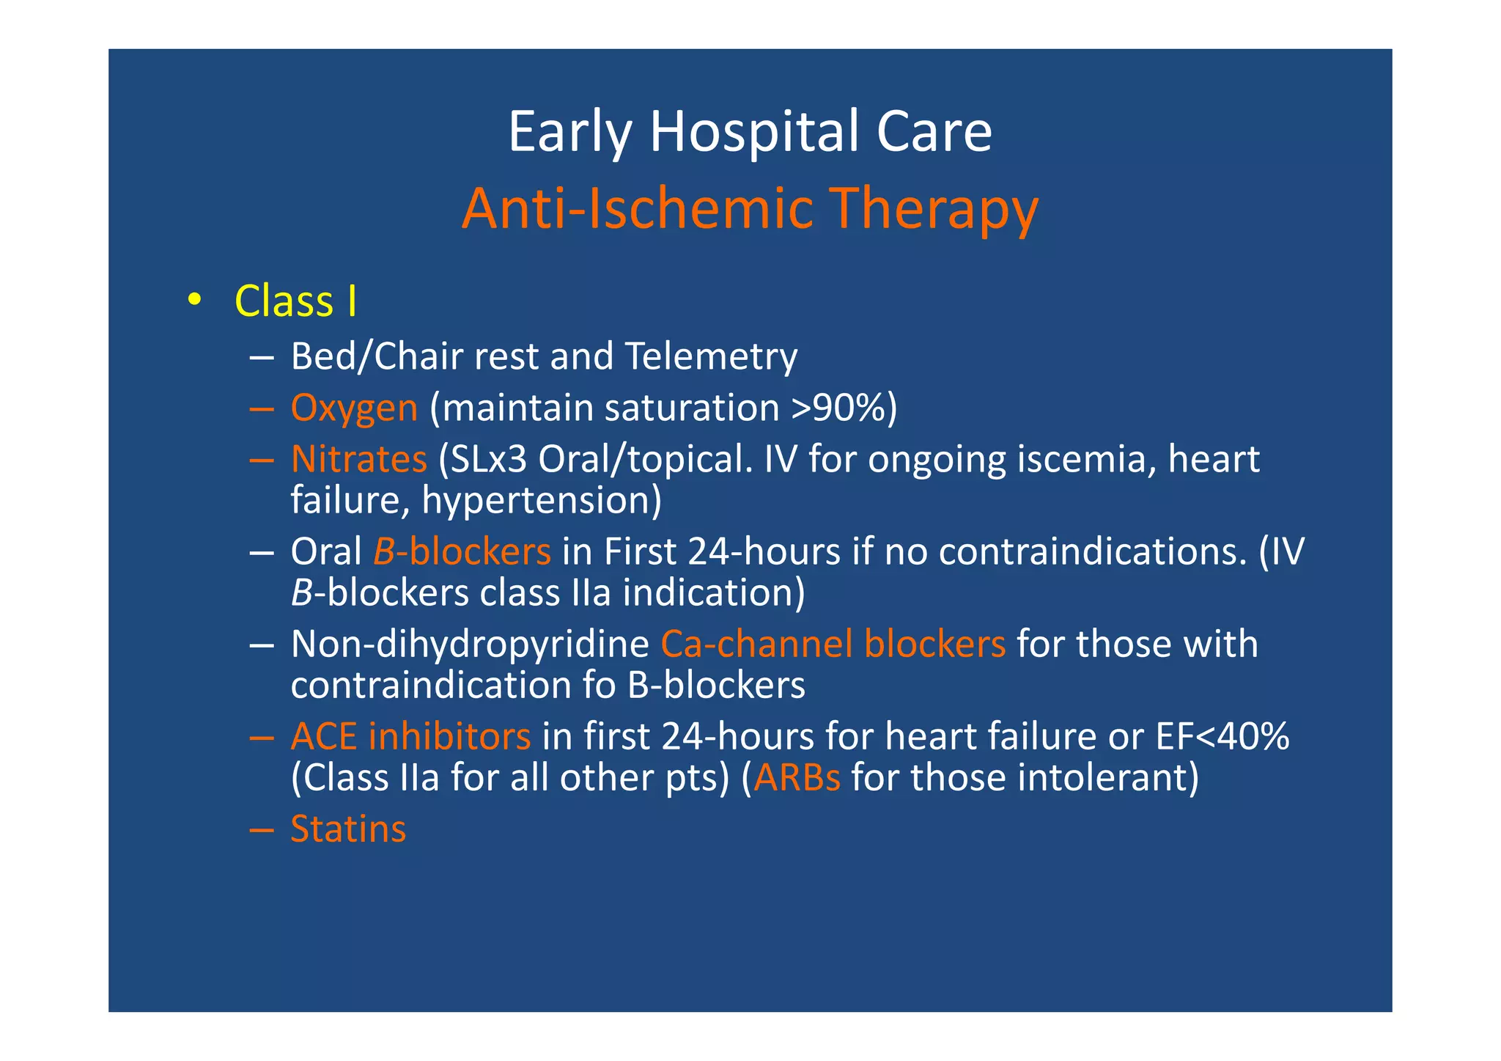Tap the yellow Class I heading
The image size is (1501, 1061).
pyautogui.click(x=295, y=301)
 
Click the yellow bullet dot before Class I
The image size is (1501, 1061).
pyautogui.click(x=193, y=299)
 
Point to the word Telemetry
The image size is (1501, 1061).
pyautogui.click(x=711, y=357)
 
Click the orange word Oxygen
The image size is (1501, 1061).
pyautogui.click(x=354, y=408)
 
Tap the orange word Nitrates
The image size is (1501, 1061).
pyautogui.click(x=358, y=460)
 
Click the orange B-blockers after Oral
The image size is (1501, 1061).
pyautogui.click(x=462, y=552)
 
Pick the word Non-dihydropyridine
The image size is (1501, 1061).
pyautogui.click(x=470, y=645)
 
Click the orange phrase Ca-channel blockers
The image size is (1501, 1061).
pyautogui.click(x=833, y=645)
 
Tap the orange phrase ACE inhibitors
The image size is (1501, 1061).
pyautogui.click(x=410, y=737)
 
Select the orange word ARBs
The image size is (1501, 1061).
pyautogui.click(x=797, y=778)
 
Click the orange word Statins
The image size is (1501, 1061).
pyautogui.click(x=348, y=829)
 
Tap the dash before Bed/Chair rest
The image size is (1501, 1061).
pyautogui.click(x=261, y=358)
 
